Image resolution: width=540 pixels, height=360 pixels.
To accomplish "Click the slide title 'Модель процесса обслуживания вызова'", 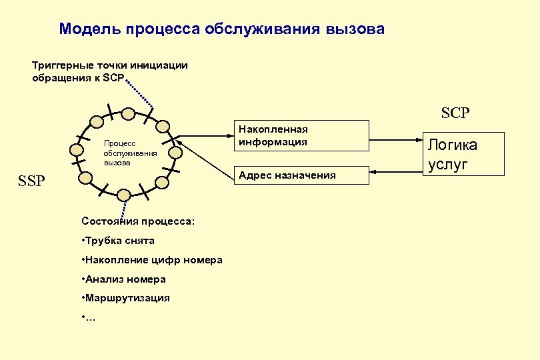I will [221, 29].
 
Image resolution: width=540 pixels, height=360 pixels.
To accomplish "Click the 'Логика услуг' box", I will [453, 155].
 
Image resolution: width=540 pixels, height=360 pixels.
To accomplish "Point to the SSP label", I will [32, 181].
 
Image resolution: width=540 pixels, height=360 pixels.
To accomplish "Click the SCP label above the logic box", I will [455, 113].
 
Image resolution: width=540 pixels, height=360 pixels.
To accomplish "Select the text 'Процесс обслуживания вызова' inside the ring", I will [121, 153].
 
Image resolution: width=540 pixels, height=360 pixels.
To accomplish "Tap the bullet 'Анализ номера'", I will [125, 279].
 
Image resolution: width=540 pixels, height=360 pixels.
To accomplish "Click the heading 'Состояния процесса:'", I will [137, 221].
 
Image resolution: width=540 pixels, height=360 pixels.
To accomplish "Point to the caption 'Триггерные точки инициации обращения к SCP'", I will [110, 71].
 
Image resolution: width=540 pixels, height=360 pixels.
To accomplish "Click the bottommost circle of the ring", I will [124, 194].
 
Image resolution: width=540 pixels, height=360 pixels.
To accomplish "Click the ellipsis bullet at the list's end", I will [89, 317].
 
